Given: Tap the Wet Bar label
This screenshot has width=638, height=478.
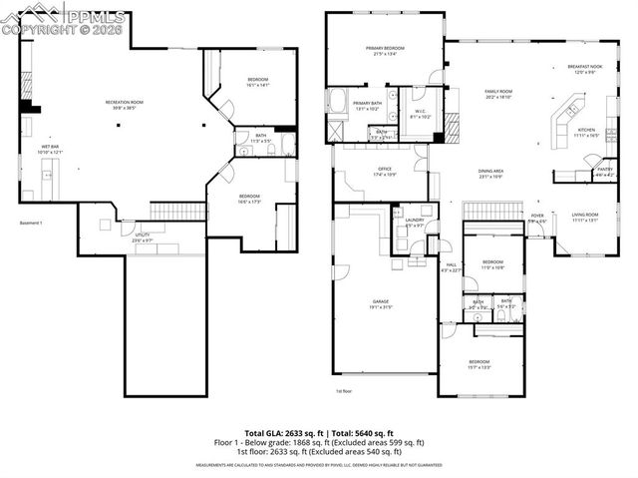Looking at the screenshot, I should (47, 147).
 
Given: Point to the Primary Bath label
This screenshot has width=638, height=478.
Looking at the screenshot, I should (367, 103).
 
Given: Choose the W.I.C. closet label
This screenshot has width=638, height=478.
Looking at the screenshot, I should (420, 112).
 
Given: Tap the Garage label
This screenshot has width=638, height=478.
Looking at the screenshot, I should (381, 300).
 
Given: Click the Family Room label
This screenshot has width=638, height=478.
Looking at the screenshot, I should (497, 91).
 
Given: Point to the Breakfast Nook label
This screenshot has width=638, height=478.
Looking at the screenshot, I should (582, 68).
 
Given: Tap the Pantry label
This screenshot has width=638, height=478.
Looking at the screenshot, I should (604, 169).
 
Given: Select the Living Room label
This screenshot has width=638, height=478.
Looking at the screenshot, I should (585, 214).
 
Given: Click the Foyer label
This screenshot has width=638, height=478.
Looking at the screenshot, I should (536, 216).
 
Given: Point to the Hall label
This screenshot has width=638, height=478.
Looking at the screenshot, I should (451, 264).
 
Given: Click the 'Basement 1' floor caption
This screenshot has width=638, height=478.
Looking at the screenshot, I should (33, 223).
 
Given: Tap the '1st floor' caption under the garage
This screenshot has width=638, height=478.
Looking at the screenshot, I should (345, 391).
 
